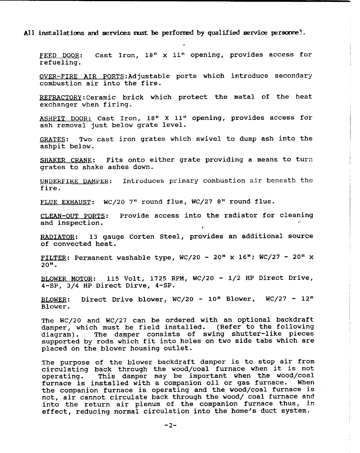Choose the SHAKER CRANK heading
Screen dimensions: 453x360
(66, 160)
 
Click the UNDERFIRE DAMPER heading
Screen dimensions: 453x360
(74, 182)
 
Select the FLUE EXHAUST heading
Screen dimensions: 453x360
(65, 202)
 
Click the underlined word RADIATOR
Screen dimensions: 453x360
(57, 237)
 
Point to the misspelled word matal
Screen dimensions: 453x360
(244, 97)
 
